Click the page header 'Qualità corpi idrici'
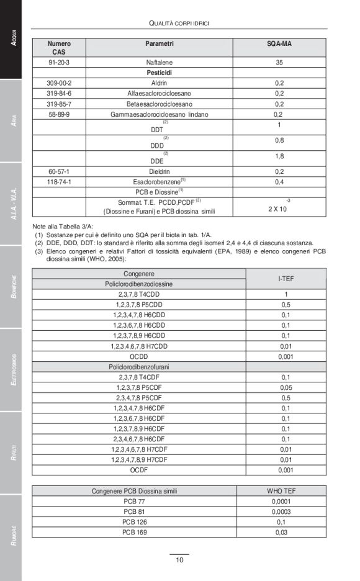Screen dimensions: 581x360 179,23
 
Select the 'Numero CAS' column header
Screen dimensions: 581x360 59,48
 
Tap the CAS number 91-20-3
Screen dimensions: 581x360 59,63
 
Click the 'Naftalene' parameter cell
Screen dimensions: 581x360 160,63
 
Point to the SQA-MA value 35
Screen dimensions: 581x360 279,63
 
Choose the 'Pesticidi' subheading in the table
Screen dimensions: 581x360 160,73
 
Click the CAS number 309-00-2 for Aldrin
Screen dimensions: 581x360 59,83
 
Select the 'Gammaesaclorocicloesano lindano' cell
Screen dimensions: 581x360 160,114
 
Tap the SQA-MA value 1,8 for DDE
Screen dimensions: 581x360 279,156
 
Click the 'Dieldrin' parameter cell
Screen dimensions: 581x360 160,171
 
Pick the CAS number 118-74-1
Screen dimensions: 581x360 59,182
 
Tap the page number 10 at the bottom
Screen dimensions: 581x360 179,560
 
